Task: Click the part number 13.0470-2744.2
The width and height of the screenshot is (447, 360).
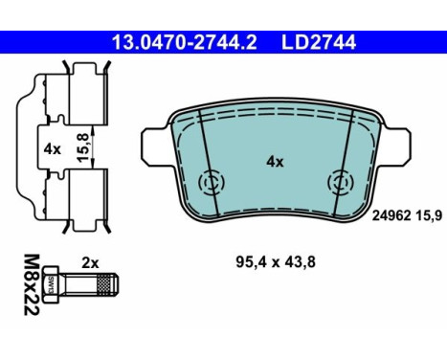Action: [x=184, y=42]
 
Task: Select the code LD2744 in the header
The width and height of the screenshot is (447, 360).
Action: [x=319, y=42]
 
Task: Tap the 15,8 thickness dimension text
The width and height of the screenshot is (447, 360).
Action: [x=82, y=147]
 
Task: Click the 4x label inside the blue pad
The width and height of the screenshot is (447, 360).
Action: [x=275, y=162]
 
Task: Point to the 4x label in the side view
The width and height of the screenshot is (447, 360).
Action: [x=53, y=149]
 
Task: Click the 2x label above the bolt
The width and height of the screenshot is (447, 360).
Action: [x=90, y=263]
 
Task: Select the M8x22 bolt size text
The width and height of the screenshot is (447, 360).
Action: [x=32, y=284]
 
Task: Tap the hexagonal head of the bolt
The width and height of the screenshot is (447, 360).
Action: [x=52, y=284]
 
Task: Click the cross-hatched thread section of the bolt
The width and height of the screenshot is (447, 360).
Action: [x=105, y=285]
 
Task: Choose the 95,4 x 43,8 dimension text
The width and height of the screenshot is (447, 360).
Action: [x=276, y=262]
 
